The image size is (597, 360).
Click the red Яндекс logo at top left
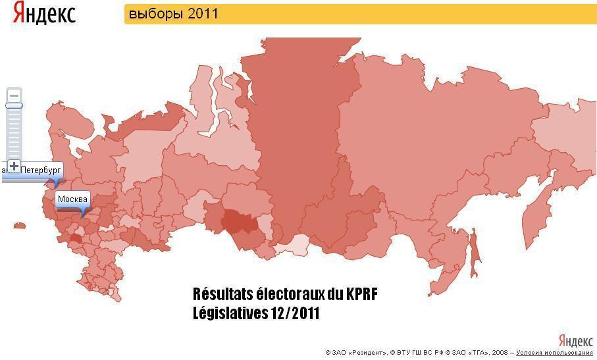(x=44, y=13)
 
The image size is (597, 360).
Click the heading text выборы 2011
(x=173, y=14)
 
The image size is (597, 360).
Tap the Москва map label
(x=72, y=199)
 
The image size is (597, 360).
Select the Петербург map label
(x=40, y=170)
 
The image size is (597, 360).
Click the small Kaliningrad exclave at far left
(x=19, y=226)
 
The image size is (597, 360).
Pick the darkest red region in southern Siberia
(x=240, y=221)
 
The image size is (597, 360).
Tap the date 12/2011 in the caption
(x=294, y=313)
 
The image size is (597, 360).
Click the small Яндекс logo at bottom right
(x=575, y=341)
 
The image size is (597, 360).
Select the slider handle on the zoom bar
(x=14, y=105)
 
